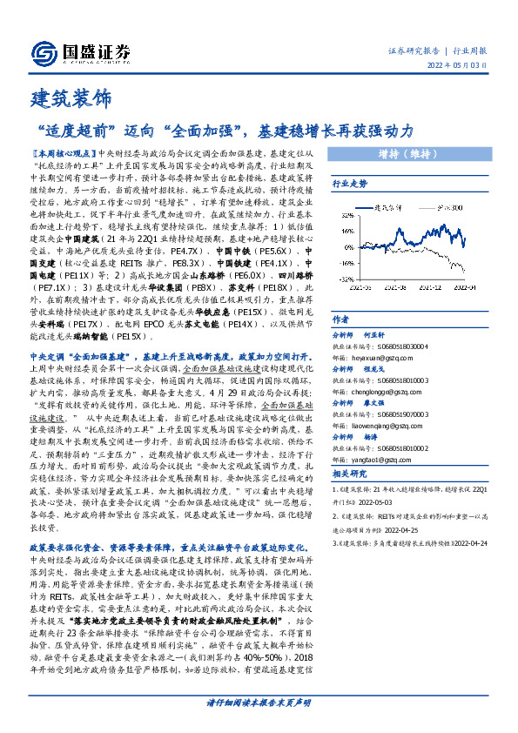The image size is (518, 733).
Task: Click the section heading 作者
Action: [x=340, y=319]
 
